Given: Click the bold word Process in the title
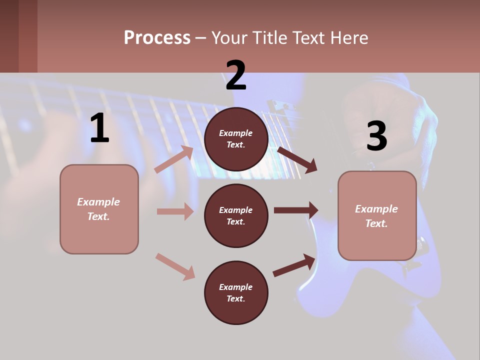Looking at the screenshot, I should [157, 38].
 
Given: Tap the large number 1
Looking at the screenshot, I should [99, 128].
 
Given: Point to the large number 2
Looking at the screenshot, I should [236, 75].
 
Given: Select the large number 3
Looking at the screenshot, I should [376, 136].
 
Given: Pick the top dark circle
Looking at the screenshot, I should [236, 139].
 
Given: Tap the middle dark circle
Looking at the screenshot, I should [236, 215].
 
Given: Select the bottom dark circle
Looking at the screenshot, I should [236, 292].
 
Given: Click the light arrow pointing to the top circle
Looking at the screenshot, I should [174, 159].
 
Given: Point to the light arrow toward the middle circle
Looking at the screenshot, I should [175, 211].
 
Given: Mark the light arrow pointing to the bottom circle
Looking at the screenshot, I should [175, 266].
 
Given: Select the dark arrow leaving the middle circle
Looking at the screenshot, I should [296, 210].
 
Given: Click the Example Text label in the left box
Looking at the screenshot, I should [98, 209].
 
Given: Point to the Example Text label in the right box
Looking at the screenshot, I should [376, 216].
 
